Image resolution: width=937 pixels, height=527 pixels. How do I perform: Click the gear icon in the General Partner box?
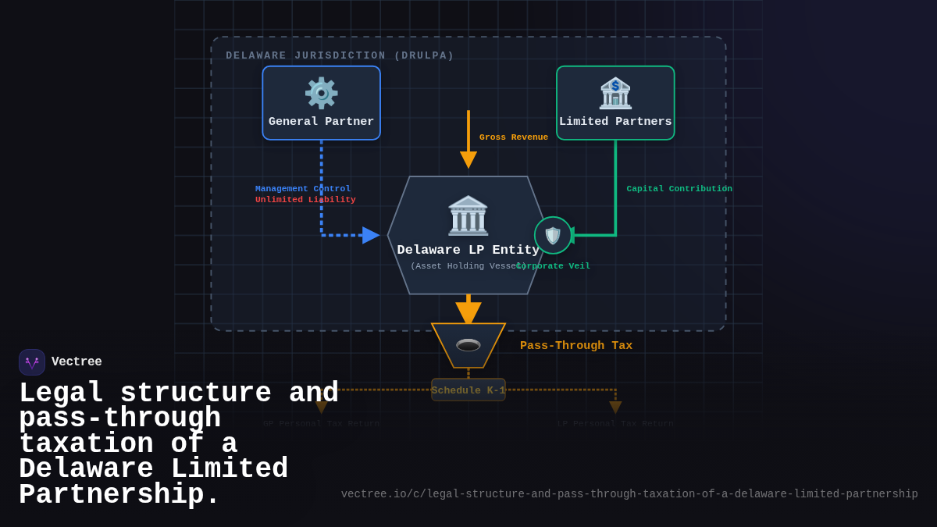pyautogui.click(x=321, y=94)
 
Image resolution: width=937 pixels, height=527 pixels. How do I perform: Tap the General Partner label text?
pyautogui.click(x=321, y=122)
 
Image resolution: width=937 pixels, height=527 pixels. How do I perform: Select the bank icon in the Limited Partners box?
pyautogui.click(x=615, y=94)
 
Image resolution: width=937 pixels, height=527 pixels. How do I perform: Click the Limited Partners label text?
pyautogui.click(x=615, y=122)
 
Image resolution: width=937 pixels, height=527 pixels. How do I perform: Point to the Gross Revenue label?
pyautogui.click(x=513, y=137)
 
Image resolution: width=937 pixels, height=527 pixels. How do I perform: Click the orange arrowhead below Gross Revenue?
pyautogui.click(x=468, y=159)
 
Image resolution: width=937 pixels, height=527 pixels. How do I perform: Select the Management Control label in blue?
pyautogui.click(x=303, y=188)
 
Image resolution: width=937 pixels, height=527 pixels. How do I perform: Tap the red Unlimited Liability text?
pyautogui.click(x=305, y=200)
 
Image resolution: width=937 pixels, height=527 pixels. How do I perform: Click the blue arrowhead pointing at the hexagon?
pyautogui.click(x=370, y=235)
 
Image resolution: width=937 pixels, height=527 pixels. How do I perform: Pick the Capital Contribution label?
pyautogui.click(x=679, y=188)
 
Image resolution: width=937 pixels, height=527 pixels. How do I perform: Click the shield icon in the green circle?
pyautogui.click(x=553, y=235)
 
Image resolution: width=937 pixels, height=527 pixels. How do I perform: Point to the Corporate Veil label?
pyautogui.click(x=554, y=266)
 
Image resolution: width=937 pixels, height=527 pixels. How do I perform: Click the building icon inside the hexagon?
pyautogui.click(x=468, y=215)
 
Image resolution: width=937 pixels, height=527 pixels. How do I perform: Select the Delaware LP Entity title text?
pyautogui.click(x=468, y=250)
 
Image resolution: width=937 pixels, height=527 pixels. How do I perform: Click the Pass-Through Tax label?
pyautogui.click(x=576, y=346)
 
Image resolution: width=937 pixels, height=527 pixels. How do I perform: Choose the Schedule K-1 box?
pyautogui.click(x=468, y=390)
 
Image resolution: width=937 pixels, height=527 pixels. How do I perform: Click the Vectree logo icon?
pyautogui.click(x=32, y=362)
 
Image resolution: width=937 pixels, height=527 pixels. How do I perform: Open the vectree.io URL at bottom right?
pyautogui.click(x=629, y=494)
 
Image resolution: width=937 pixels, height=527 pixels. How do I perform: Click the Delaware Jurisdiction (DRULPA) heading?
pyautogui.click(x=340, y=55)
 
